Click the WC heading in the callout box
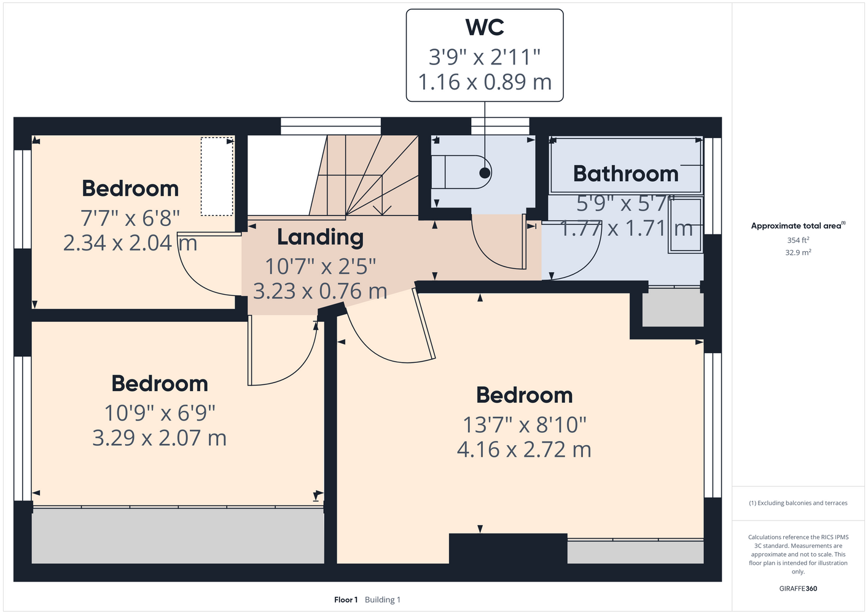485,27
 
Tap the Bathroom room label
626,174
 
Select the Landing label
321,237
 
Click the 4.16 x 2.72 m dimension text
524,449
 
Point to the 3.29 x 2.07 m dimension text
159,438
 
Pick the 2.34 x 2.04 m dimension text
130,243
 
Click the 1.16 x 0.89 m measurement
485,82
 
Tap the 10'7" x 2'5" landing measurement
321,266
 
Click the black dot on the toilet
485,173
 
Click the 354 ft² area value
798,240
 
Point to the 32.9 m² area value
798,252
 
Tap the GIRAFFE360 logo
798,588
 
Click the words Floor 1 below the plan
346,600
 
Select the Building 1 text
383,600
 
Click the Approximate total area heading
798,225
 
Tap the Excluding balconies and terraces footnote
798,503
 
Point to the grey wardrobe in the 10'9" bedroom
178,536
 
